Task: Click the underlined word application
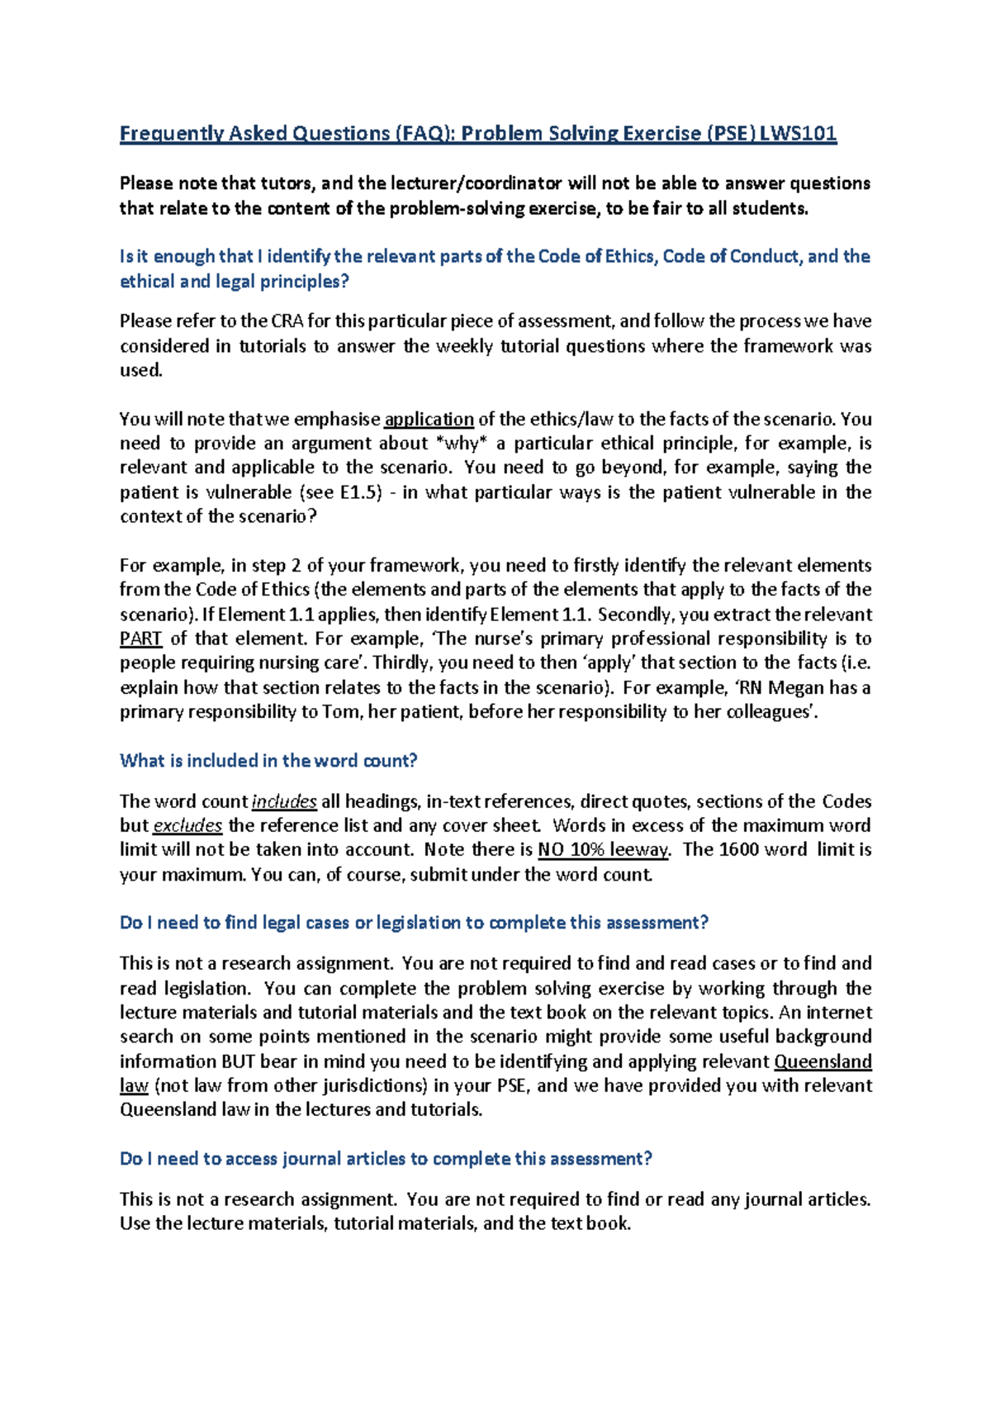tap(429, 419)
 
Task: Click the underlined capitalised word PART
tap(140, 639)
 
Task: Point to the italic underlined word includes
tap(284, 801)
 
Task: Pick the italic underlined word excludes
tap(187, 825)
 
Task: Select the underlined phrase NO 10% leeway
tap(604, 850)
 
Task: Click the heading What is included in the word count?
tap(268, 761)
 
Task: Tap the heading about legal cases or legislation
tap(414, 923)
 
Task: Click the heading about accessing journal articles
tap(386, 1159)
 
